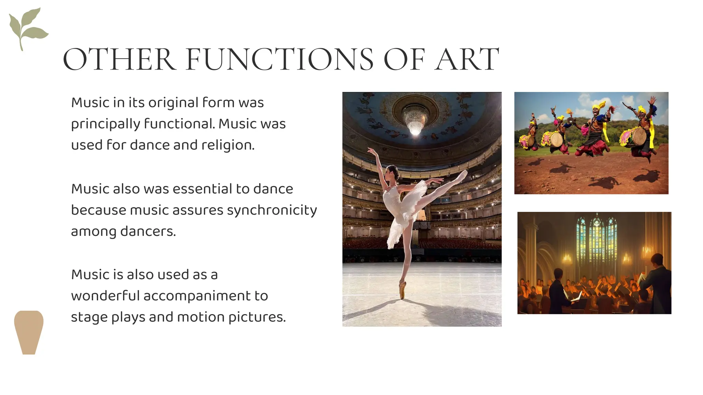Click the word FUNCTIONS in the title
(x=279, y=60)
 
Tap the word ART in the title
(x=467, y=60)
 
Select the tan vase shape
(x=29, y=332)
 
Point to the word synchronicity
(x=272, y=210)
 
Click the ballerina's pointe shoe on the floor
(x=402, y=289)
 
